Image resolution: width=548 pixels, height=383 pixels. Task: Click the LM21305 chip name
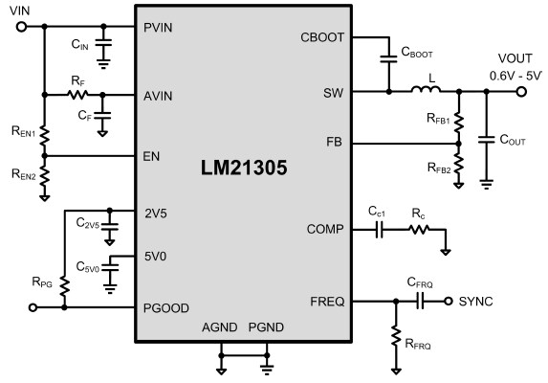coord(244,168)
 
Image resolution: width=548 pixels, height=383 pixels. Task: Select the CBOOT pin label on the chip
coord(323,38)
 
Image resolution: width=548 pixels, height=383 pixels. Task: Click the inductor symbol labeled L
coord(426,93)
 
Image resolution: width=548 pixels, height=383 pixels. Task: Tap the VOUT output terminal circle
coord(521,93)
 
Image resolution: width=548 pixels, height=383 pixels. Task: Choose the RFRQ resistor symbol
coord(395,335)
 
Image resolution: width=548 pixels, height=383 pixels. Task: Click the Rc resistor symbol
coord(418,230)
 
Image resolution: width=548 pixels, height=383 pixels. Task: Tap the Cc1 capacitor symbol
coord(379,230)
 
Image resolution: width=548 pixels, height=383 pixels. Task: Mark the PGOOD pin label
coord(164,307)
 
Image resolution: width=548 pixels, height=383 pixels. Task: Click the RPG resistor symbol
coord(64,285)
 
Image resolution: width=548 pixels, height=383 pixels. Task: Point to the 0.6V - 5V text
coord(515,75)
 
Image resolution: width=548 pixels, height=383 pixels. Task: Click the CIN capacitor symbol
coord(104,44)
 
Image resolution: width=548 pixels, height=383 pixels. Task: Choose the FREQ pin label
coord(327,301)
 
